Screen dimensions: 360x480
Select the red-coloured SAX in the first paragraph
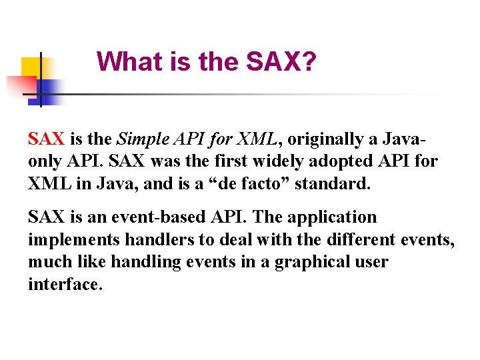(46, 139)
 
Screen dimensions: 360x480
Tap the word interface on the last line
(65, 285)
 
